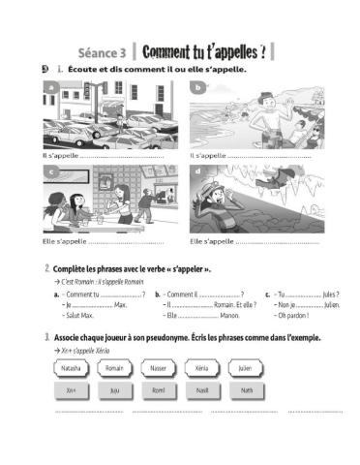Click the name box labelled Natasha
tap(70, 369)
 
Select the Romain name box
tap(114, 369)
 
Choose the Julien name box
tap(247, 369)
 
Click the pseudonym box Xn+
tap(70, 390)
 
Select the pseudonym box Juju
tap(114, 390)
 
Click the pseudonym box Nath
tap(247, 390)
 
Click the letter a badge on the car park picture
tap(50, 88)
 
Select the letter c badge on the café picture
tap(50, 172)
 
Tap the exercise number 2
tap(47, 267)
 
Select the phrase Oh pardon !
tap(291, 315)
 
